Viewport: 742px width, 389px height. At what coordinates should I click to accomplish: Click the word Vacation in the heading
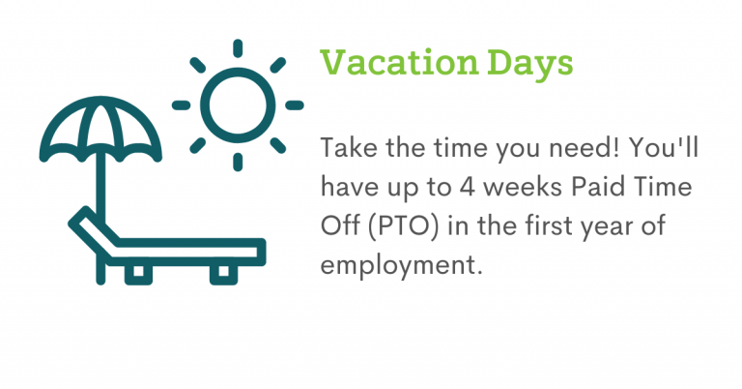(x=400, y=63)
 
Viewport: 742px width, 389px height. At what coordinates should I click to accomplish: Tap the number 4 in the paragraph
(x=467, y=187)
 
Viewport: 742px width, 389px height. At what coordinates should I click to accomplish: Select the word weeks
(x=524, y=187)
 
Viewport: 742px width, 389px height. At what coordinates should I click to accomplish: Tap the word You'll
(x=664, y=148)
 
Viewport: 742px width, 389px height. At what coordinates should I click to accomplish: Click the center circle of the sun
(x=238, y=105)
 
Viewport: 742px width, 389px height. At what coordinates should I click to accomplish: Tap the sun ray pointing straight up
(x=238, y=48)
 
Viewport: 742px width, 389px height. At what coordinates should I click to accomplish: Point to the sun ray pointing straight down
(x=238, y=162)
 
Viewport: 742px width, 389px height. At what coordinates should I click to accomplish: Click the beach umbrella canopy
(x=100, y=128)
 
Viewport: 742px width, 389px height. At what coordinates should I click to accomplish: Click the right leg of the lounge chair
(x=223, y=273)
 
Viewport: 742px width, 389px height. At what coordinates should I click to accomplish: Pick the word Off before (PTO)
(x=340, y=225)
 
